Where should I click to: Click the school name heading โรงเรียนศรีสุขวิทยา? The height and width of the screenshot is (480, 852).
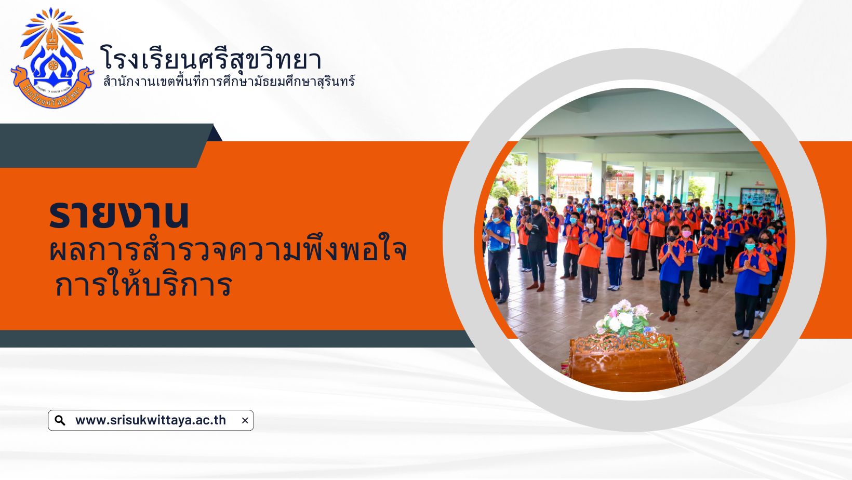pyautogui.click(x=211, y=59)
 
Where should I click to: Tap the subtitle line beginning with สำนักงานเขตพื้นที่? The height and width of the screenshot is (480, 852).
pyautogui.click(x=229, y=82)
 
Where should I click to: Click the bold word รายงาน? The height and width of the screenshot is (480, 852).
pyautogui.click(x=118, y=215)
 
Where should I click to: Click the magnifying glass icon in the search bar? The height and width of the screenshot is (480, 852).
pyautogui.click(x=60, y=420)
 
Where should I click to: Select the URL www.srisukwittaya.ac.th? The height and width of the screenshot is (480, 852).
pyautogui.click(x=151, y=420)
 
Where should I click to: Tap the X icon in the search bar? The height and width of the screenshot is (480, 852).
pyautogui.click(x=245, y=420)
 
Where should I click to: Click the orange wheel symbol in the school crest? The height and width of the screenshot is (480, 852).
pyautogui.click(x=53, y=66)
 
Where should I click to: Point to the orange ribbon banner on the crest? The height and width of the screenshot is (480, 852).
pyautogui.click(x=52, y=89)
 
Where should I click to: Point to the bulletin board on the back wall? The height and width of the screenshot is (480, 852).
pyautogui.click(x=759, y=197)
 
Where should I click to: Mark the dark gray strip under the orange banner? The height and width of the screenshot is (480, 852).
pyautogui.click(x=236, y=339)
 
